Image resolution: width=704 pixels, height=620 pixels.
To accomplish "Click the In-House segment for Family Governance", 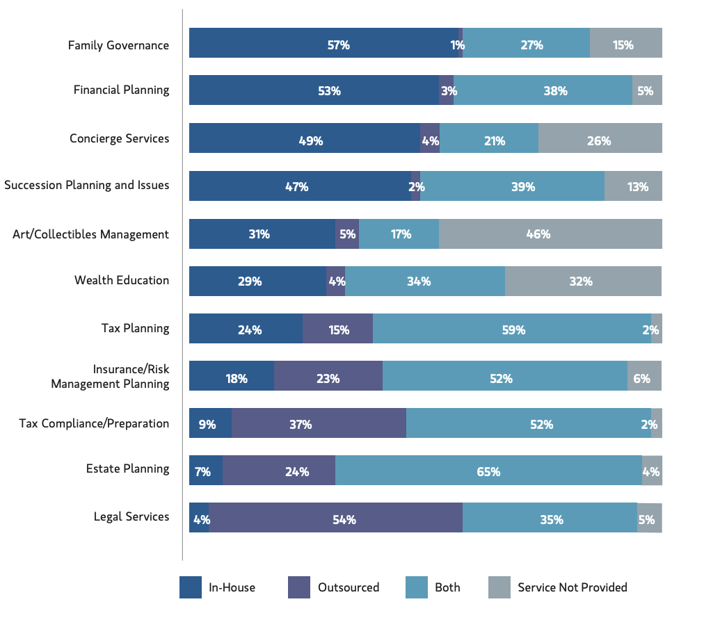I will click(x=323, y=42).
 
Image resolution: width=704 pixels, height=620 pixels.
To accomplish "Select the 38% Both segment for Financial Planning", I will click(x=543, y=90).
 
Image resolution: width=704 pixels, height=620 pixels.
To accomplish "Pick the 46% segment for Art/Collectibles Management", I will click(x=550, y=234).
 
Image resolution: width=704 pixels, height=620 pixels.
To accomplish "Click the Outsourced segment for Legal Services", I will click(x=335, y=518).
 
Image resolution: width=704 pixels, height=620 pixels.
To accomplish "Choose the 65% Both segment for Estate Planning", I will click(x=488, y=471).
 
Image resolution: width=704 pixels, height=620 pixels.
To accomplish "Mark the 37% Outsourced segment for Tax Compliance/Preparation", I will click(x=319, y=423).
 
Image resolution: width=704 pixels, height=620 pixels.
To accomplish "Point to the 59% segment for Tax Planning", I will click(x=511, y=328).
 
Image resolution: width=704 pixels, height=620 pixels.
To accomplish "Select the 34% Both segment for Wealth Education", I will click(x=424, y=281).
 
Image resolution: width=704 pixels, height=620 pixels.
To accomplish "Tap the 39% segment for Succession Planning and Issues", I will click(x=512, y=186).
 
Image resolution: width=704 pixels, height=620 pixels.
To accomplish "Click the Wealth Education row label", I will click(x=122, y=280).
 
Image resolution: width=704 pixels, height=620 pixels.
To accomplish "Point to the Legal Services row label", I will click(x=131, y=516).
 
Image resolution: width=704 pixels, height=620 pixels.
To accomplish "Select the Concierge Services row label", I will click(x=119, y=138).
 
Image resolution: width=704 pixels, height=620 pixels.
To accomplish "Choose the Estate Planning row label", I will click(x=127, y=468).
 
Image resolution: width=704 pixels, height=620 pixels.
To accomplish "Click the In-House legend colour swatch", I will click(x=191, y=587).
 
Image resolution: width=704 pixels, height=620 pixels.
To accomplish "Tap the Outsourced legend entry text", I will click(x=349, y=587).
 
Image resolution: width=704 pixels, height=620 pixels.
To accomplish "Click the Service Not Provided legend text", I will click(x=572, y=587).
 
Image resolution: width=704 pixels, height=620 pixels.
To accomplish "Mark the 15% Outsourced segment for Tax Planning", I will click(x=337, y=328).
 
